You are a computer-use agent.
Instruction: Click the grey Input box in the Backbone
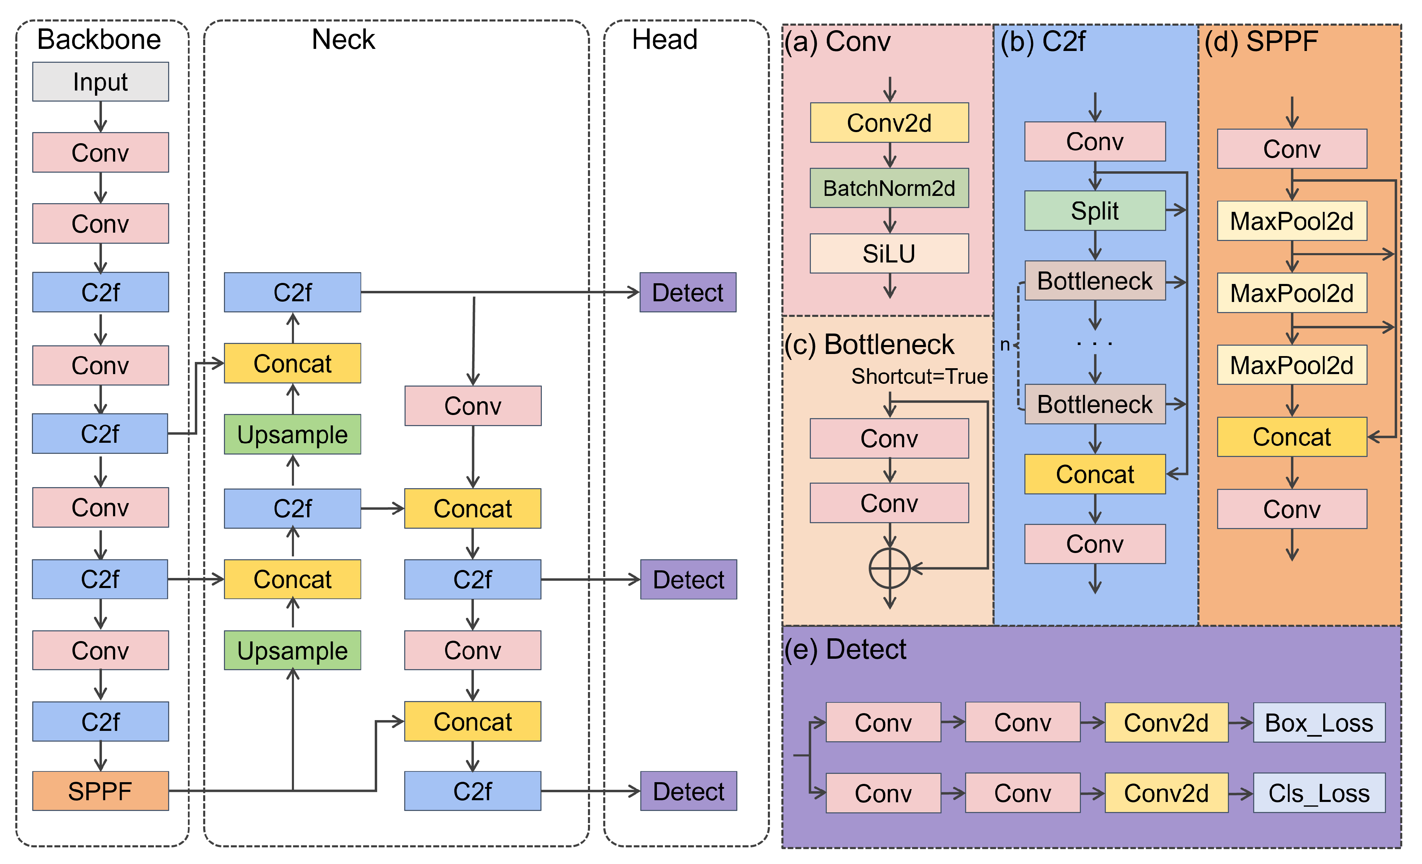coord(101,82)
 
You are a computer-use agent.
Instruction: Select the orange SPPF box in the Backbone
coord(101,791)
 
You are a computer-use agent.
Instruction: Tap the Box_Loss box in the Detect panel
coord(1319,723)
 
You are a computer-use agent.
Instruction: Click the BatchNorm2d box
coord(889,188)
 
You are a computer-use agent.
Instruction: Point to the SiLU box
coord(889,253)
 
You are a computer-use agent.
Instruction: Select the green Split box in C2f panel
coord(1094,211)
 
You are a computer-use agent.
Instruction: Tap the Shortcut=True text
coord(919,376)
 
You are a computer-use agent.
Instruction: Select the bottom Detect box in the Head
coord(688,791)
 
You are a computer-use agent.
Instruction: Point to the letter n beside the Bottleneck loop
coord(1005,345)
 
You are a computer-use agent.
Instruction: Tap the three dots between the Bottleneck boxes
coord(1094,344)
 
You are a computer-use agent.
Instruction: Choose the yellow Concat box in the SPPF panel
coord(1292,437)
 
